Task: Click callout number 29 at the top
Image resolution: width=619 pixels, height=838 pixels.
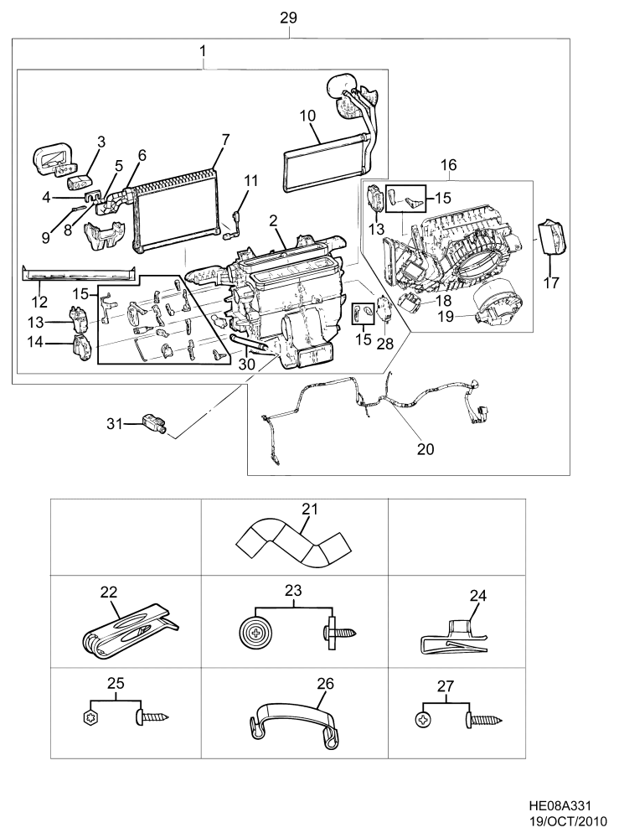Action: coord(288,18)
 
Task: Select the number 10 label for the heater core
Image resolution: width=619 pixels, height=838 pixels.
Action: coord(307,116)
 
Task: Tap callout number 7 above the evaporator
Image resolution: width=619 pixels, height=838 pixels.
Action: coord(224,140)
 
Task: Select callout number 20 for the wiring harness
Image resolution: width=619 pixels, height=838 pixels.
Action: coord(426,449)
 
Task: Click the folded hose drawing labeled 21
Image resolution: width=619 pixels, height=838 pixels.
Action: coord(293,546)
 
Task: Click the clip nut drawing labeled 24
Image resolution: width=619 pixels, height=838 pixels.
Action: coord(453,638)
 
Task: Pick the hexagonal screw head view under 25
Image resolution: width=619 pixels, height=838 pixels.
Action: coord(90,719)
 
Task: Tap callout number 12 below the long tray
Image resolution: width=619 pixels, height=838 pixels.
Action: coord(39,302)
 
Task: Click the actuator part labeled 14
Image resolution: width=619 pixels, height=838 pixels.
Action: coord(82,348)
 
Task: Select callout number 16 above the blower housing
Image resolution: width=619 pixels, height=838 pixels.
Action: coord(449,164)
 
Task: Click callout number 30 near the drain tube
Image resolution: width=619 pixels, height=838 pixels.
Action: coord(247,365)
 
